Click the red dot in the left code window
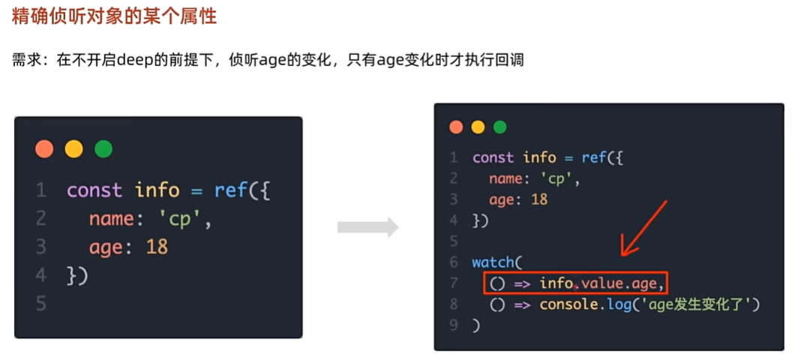pyautogui.click(x=44, y=148)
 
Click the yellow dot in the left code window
pyautogui.click(x=73, y=148)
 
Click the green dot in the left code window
pyautogui.click(x=103, y=148)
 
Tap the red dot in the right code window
pyautogui.click(x=456, y=127)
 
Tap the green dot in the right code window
pyautogui.click(x=499, y=127)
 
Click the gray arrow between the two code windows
pyautogui.click(x=367, y=227)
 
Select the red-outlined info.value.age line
pyautogui.click(x=575, y=283)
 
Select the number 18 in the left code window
pyautogui.click(x=157, y=246)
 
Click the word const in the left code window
pyautogui.click(x=94, y=190)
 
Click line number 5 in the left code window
pyautogui.click(x=40, y=304)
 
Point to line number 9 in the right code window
pyautogui.click(x=454, y=325)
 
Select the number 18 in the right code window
pyautogui.click(x=538, y=199)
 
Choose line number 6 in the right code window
pyautogui.click(x=454, y=262)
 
